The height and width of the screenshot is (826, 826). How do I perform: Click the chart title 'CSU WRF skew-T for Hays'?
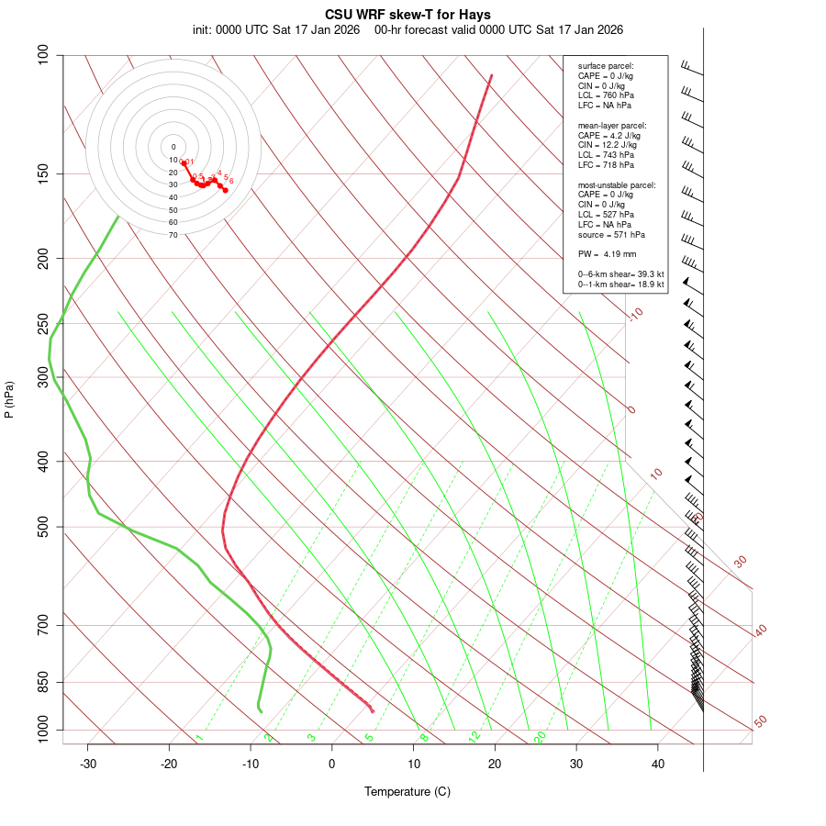coord(407,15)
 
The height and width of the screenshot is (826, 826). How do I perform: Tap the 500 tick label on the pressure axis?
coord(42,527)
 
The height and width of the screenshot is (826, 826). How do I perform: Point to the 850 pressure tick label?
coord(42,683)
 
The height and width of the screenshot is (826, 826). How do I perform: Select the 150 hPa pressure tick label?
coord(42,173)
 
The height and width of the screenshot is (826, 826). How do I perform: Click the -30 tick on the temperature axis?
coord(88,764)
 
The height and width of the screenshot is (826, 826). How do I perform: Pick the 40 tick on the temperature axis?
coord(658,764)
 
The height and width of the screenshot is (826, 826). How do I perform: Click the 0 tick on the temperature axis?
coord(332,764)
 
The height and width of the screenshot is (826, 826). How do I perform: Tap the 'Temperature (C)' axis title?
coord(407,791)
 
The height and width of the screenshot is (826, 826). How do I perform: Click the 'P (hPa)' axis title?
coord(9,400)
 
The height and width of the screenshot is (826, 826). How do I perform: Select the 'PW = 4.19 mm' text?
coord(607,254)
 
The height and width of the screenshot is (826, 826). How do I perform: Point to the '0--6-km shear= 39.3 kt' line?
coord(620,274)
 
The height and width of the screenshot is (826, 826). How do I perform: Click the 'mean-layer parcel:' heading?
coord(612,125)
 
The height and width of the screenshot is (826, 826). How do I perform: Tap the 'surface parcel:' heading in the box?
coord(606,66)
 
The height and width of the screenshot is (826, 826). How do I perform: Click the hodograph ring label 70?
coord(173,235)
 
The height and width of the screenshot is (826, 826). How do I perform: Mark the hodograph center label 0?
coord(173,147)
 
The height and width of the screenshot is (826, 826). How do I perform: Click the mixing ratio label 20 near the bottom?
coord(540,736)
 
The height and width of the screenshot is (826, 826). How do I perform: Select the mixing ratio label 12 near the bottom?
coord(474,736)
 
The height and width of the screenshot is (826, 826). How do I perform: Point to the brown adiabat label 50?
coord(760,722)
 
